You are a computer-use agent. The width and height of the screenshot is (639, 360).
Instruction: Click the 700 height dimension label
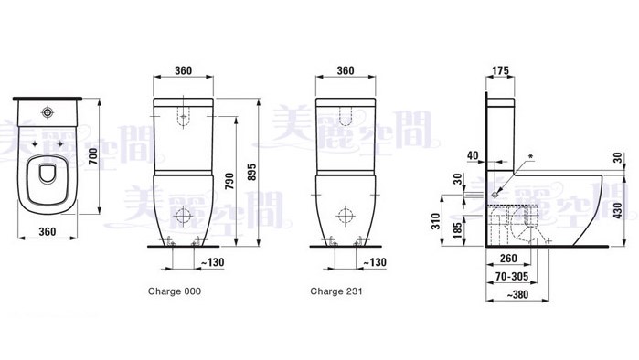point(94,156)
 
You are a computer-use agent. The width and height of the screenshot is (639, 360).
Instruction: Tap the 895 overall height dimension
point(252,173)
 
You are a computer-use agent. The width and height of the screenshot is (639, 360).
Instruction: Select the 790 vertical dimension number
point(229,182)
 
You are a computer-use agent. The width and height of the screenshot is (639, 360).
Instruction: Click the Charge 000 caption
point(175,291)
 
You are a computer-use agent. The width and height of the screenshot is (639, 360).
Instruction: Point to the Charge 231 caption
point(336,291)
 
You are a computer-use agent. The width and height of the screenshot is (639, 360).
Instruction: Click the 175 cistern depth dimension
point(500,70)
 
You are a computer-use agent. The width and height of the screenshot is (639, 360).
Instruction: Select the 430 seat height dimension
point(619,210)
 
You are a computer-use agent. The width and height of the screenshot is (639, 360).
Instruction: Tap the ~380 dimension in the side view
point(517,294)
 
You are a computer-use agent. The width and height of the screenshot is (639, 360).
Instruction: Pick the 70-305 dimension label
point(512,277)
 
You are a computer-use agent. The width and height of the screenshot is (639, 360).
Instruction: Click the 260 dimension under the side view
point(508,259)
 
